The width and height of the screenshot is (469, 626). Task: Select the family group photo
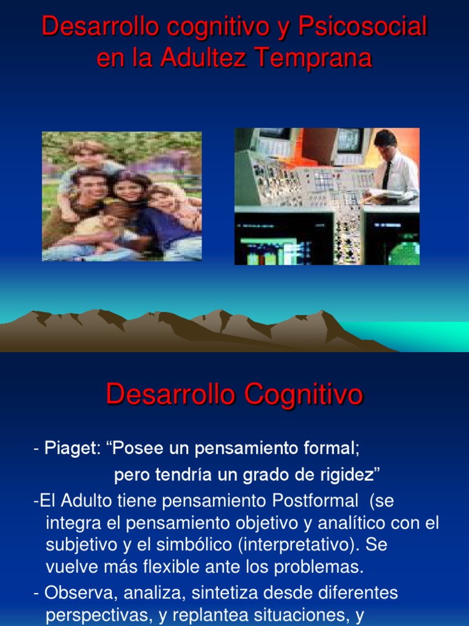point(122,196)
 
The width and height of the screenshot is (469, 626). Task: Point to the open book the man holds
point(380,197)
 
